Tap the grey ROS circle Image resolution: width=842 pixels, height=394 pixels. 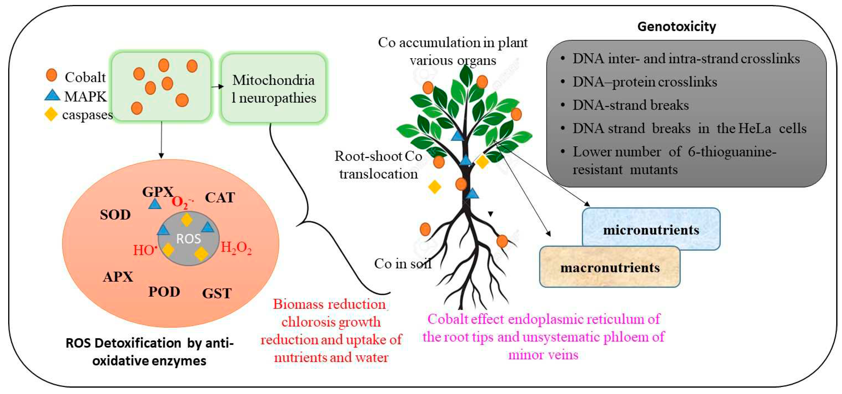click(188, 239)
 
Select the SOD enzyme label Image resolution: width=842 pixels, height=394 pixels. click(115, 215)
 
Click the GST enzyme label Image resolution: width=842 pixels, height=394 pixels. click(217, 293)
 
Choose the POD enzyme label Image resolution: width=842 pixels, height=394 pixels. click(164, 292)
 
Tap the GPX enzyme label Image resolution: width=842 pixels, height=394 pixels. click(158, 192)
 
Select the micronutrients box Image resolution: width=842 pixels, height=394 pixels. click(651, 230)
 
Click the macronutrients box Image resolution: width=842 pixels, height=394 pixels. click(610, 267)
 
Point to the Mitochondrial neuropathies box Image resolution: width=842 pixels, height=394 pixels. click(273, 88)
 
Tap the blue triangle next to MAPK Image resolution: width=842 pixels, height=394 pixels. click(52, 95)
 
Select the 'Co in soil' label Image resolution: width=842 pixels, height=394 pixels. click(402, 263)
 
